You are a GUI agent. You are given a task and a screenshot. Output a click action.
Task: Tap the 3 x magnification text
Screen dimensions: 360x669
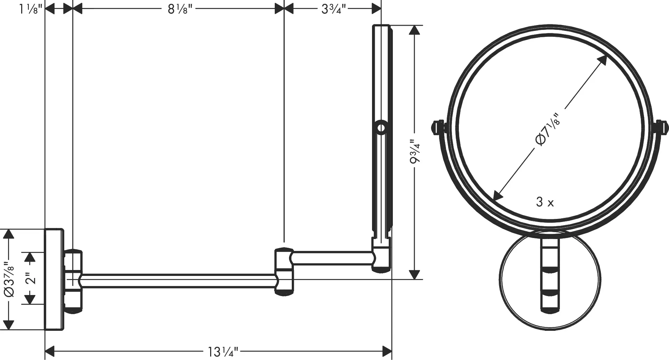545,202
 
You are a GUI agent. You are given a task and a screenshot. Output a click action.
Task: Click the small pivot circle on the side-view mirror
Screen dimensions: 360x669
381,128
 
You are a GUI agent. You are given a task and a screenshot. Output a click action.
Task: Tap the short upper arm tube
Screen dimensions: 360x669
332,258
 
